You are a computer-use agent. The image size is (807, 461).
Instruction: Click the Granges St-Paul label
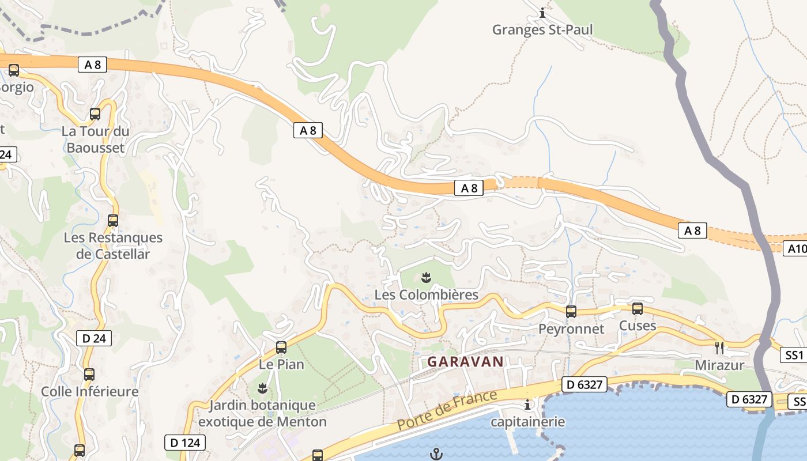tap(542, 29)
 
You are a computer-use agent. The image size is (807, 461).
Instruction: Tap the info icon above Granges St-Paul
tap(542, 12)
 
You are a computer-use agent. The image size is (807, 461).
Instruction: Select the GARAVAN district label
tap(465, 362)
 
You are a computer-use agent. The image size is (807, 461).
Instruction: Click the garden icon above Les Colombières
tap(427, 278)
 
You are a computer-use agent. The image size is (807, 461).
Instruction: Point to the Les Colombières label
tap(427, 295)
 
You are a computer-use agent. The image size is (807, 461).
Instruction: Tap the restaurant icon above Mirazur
tap(719, 347)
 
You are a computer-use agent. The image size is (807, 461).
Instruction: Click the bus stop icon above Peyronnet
tap(571, 312)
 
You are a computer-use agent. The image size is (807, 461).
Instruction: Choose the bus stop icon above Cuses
tap(637, 309)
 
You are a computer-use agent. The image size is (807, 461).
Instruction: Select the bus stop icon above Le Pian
tap(281, 347)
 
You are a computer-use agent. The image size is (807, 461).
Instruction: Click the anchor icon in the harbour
tap(436, 455)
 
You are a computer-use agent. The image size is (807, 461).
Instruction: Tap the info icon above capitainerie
tap(527, 405)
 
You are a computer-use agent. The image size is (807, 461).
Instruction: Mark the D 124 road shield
tap(184, 443)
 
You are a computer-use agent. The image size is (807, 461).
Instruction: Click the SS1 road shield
tap(794, 355)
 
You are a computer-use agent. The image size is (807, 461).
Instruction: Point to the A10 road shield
tap(797, 248)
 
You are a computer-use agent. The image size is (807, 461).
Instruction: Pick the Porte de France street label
tap(447, 410)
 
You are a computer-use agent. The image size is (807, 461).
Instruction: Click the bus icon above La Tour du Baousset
tap(95, 114)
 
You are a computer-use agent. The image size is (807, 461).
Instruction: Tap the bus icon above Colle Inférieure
tap(89, 375)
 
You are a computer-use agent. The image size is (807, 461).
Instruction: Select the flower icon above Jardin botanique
tap(262, 388)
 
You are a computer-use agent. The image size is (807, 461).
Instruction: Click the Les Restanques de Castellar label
tap(114, 246)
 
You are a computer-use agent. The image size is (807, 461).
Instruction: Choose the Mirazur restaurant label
tap(719, 365)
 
